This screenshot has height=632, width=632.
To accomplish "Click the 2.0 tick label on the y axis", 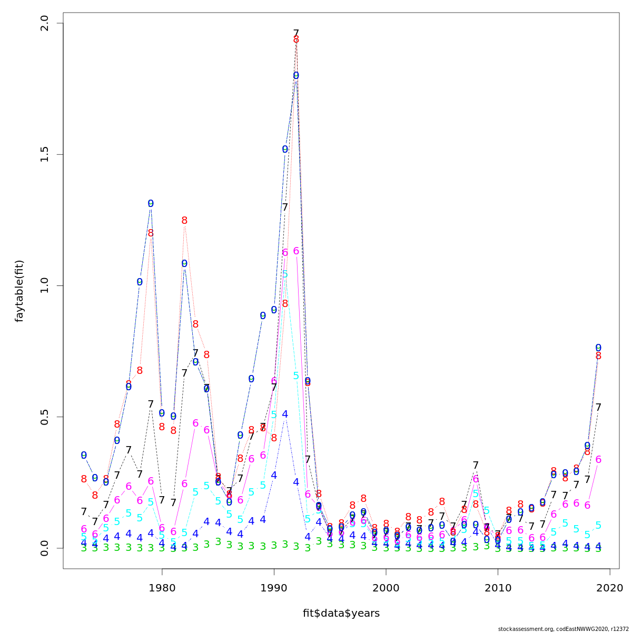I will [44, 24].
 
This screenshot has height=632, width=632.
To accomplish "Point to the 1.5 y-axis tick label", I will [44, 155].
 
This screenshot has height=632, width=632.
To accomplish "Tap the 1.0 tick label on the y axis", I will [44, 286].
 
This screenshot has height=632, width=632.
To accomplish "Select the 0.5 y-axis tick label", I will [44, 417].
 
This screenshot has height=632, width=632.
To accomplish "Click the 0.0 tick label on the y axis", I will [44, 548].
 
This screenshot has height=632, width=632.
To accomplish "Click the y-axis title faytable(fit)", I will [19, 291].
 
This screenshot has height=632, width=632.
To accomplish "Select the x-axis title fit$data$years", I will [341, 613].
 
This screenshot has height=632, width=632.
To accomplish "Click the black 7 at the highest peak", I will [296, 33].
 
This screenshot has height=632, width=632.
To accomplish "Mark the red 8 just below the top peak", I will [296, 40].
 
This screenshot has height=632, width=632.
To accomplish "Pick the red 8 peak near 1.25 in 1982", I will [184, 221].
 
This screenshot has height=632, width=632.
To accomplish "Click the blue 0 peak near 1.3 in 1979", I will [151, 204].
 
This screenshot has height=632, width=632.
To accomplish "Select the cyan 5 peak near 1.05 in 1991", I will [285, 274].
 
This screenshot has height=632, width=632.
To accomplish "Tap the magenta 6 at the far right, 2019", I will [598, 460].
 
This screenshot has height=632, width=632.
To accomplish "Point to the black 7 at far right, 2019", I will [598, 407].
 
